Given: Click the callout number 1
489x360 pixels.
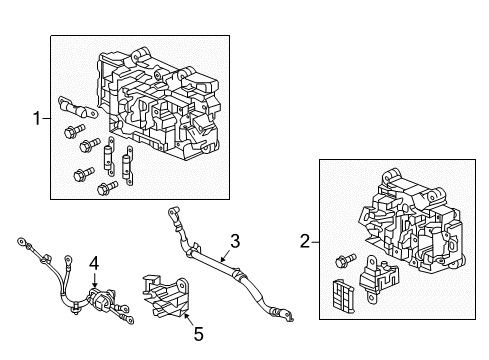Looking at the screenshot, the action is click(37, 118).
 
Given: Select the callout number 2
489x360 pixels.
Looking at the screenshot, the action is click(305, 241).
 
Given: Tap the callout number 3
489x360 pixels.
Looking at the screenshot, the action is click(235, 241).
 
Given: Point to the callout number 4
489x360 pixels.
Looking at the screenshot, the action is click(94, 264).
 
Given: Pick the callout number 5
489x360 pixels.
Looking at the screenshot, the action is click(199, 334).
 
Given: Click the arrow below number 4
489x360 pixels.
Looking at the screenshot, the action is click(95, 280).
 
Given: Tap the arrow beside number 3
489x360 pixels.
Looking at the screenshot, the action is click(225, 257).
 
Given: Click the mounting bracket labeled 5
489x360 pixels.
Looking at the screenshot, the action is click(166, 296).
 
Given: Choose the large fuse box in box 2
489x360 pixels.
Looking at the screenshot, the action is click(411, 220).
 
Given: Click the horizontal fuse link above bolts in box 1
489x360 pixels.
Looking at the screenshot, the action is click(77, 107).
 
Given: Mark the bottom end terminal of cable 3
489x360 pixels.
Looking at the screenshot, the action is click(284, 314).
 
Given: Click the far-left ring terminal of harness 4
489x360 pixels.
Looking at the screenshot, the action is click(22, 241).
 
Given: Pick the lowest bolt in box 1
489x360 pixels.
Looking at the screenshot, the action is click(107, 188).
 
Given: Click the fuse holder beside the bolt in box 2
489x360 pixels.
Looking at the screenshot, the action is click(378, 278).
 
